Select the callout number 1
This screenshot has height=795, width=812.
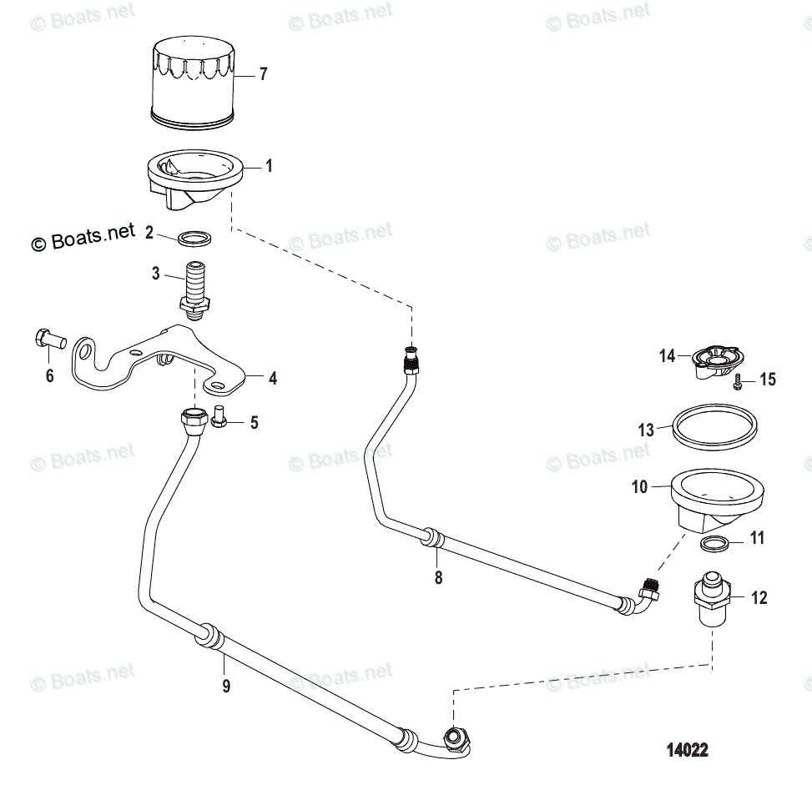[x=268, y=166]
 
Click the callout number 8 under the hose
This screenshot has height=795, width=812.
[x=438, y=577]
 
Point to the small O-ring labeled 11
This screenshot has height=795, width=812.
[x=711, y=545]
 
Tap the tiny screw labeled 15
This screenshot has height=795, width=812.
[x=738, y=382]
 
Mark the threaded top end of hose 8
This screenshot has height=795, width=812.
[x=411, y=359]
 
